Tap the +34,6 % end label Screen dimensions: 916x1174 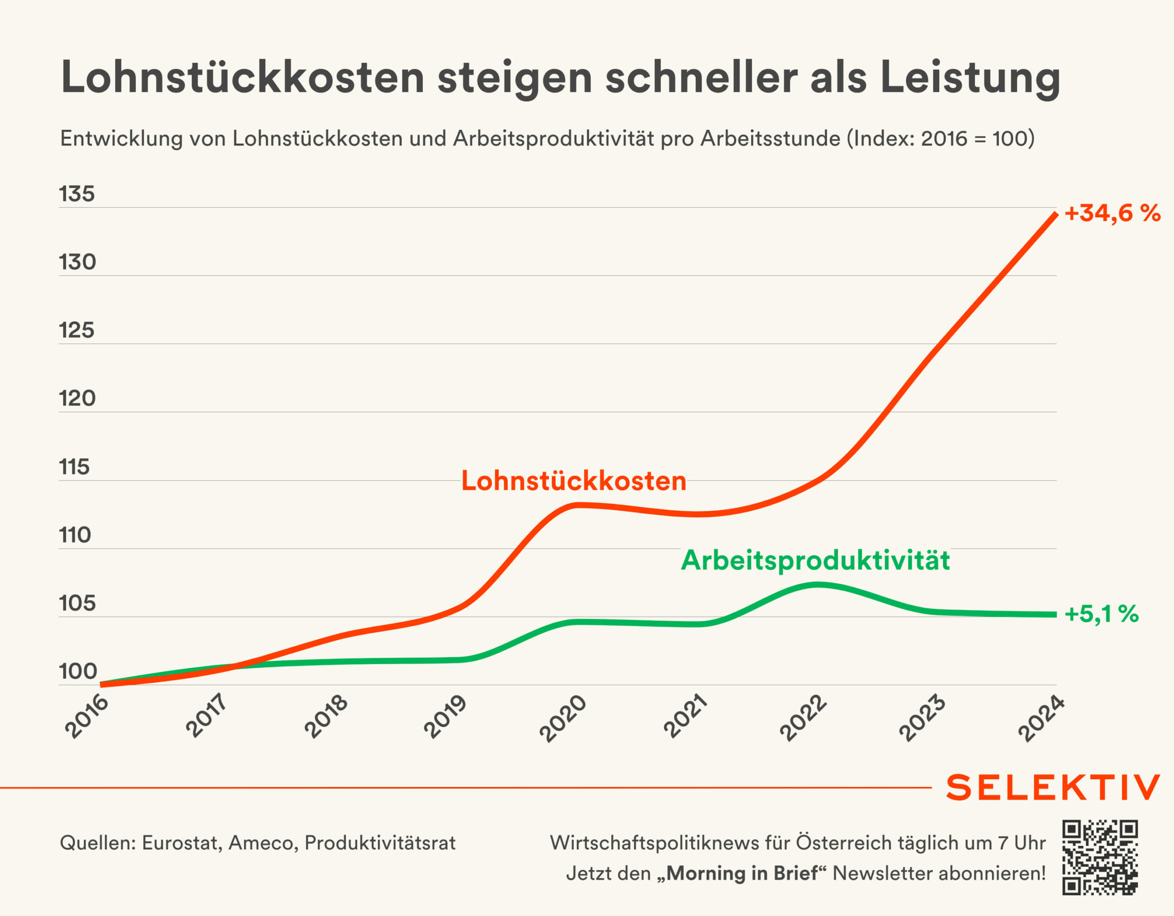pyautogui.click(x=1112, y=213)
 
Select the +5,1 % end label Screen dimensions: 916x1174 pyautogui.click(x=1102, y=614)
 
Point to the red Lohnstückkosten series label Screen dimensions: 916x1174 pyautogui.click(x=574, y=481)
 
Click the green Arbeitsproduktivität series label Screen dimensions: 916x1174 pyautogui.click(x=815, y=560)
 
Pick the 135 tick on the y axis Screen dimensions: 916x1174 pyautogui.click(x=77, y=194)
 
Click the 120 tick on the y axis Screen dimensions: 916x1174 pyautogui.click(x=77, y=398)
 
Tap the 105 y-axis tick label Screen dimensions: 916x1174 pyautogui.click(x=77, y=603)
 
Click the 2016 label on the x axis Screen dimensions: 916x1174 pyautogui.click(x=88, y=716)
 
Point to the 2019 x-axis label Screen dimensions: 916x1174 pyautogui.click(x=446, y=716)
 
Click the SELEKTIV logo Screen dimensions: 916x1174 pyautogui.click(x=1053, y=788)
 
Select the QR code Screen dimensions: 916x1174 pyautogui.click(x=1100, y=857)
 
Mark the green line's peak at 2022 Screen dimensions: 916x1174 pyautogui.click(x=817, y=585)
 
